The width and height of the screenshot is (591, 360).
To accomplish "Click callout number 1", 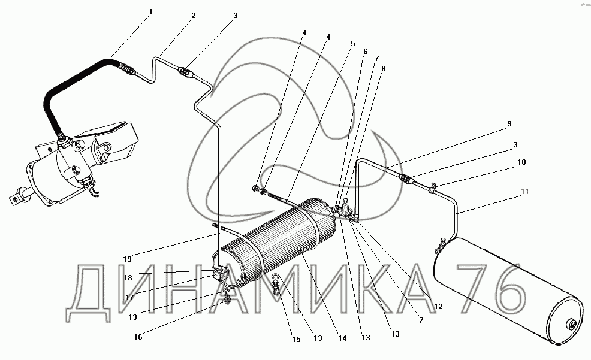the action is [x=151, y=12].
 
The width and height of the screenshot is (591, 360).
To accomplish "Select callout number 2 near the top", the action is [x=194, y=16].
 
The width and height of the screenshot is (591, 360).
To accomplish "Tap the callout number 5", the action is [x=353, y=43].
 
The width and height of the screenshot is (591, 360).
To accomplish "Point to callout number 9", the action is [x=509, y=124].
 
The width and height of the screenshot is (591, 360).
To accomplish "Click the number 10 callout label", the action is [x=521, y=162].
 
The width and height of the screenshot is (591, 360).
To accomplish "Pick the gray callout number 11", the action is [x=524, y=191].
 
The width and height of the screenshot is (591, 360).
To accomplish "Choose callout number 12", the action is [x=438, y=307].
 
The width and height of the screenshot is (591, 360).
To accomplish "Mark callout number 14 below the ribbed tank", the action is [x=342, y=338].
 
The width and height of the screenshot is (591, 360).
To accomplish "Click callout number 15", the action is [x=297, y=339].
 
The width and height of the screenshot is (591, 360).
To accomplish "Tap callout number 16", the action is [x=138, y=337].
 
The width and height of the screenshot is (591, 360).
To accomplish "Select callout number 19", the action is [x=128, y=259].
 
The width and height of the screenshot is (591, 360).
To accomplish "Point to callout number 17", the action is [x=129, y=298].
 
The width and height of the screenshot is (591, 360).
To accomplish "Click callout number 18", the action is [x=128, y=278].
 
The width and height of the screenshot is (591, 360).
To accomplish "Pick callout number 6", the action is [x=365, y=51].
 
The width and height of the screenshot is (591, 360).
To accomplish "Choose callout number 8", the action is [x=384, y=69].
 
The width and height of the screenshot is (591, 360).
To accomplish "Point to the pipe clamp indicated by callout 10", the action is [x=433, y=187].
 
